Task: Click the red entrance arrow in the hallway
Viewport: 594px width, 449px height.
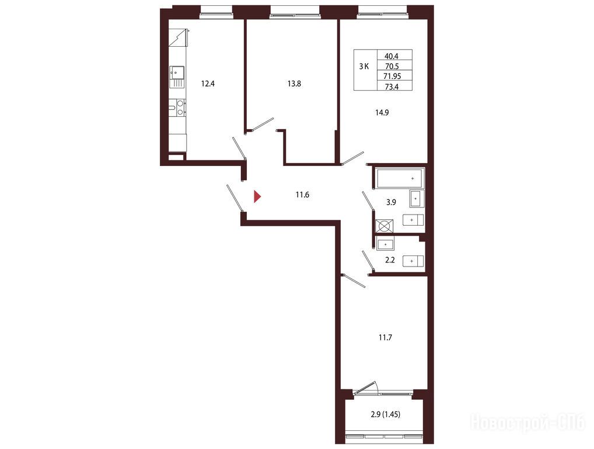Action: pos(257,196)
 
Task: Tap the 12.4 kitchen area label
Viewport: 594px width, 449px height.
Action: pos(208,84)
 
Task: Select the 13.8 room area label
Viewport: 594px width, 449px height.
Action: pos(294,84)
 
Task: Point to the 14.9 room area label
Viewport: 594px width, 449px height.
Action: pos(382,112)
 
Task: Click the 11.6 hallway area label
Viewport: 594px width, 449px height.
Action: pos(302,195)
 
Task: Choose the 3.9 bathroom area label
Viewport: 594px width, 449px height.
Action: pos(391,202)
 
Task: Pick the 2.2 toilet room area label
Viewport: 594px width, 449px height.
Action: pos(390,260)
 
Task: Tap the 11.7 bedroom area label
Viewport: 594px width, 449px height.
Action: pos(385,337)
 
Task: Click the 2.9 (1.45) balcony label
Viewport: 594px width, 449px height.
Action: pos(385,414)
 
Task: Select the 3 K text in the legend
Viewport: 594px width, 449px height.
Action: pos(364,67)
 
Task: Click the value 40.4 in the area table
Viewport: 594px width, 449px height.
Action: pos(392,56)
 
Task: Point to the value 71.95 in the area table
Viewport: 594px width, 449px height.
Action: pos(392,76)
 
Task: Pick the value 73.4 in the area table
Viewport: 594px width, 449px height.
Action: pos(392,87)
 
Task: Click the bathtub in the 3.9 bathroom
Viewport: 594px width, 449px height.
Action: pos(400,178)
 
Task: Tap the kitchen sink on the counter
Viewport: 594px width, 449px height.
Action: pos(177,72)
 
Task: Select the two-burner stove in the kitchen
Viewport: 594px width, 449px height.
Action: pos(177,106)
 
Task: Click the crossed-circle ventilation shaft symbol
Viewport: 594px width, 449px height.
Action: pos(384,226)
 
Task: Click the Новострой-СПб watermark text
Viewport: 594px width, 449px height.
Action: pos(527,423)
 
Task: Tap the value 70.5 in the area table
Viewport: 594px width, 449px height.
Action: pos(392,67)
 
